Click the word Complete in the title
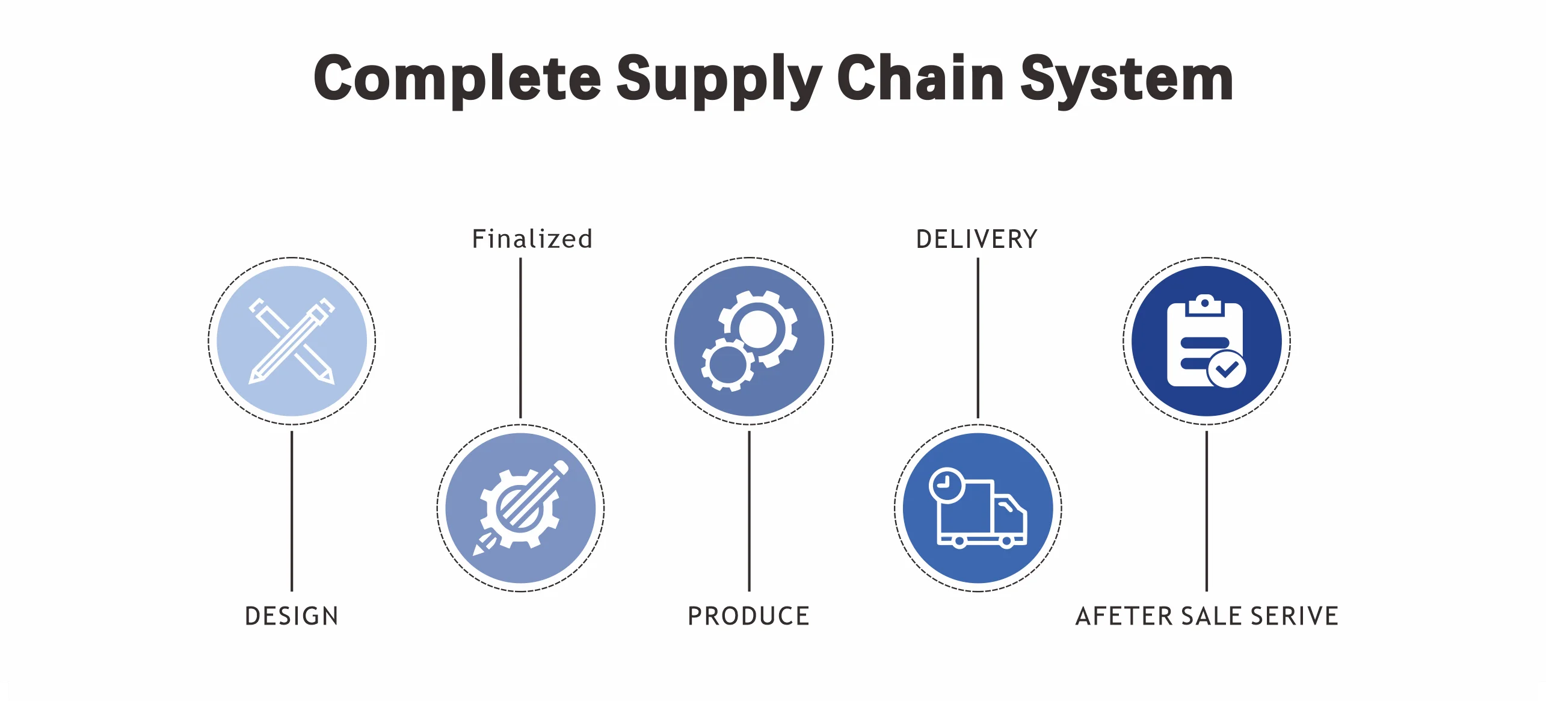pyautogui.click(x=457, y=78)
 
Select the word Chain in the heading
pyautogui.click(x=920, y=78)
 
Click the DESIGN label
pyautogui.click(x=292, y=616)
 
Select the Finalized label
pyautogui.click(x=532, y=239)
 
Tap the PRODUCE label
pyautogui.click(x=749, y=616)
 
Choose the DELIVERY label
pyautogui.click(x=977, y=239)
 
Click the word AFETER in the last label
pyautogui.click(x=1124, y=616)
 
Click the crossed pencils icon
pyautogui.click(x=292, y=341)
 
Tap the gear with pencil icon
pyautogui.click(x=520, y=508)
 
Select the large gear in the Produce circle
pyautogui.click(x=758, y=329)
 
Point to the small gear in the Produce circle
pyautogui.click(x=727, y=365)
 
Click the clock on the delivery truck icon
pyautogui.click(x=946, y=484)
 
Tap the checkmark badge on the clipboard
pyautogui.click(x=1227, y=369)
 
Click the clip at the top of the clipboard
pyautogui.click(x=1204, y=304)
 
